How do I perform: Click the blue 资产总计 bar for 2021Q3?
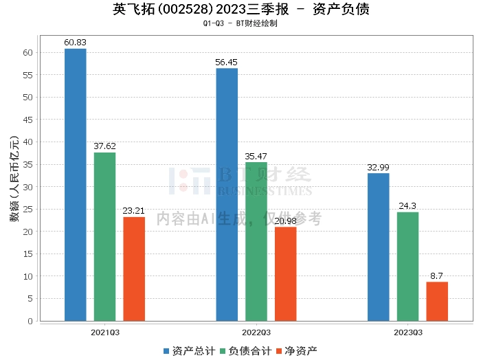coord(76,185)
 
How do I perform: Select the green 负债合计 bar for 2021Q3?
coord(104,236)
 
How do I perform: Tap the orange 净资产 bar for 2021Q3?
coord(134,269)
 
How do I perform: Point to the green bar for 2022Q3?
coord(256,241)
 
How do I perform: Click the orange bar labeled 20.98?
coord(286,273)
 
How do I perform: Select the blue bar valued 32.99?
coord(378,247)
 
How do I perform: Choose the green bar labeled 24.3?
coord(407,267)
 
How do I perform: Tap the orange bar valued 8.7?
coord(437,301)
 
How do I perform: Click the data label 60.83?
coord(76,43)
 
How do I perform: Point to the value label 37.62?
coord(104,146)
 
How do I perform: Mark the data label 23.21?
coord(134,211)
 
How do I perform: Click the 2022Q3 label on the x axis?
coord(256,333)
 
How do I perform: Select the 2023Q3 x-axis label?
coord(407,333)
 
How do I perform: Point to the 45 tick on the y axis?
coord(28,120)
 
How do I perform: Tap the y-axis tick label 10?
coord(28,276)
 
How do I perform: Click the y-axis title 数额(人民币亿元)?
coord(13,185)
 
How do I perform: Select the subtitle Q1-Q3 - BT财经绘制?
coord(240,23)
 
